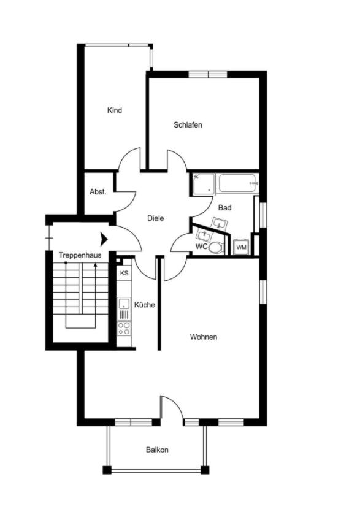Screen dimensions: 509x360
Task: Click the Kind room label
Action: click(115, 110)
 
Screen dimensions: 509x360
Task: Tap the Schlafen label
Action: click(188, 124)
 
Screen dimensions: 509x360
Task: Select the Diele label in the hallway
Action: click(155, 218)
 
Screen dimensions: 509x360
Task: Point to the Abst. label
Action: click(98, 191)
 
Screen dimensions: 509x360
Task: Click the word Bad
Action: click(224, 208)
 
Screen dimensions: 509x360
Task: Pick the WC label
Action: click(201, 247)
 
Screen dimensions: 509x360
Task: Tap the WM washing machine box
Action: click(241, 247)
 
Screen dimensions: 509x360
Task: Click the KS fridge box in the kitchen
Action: click(124, 274)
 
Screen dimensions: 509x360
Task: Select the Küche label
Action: click(145, 305)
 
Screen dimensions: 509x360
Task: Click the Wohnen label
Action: click(204, 337)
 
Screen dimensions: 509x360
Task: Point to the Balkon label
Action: click(157, 450)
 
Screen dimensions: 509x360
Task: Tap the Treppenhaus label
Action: click(80, 255)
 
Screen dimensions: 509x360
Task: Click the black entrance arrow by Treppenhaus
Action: click(104, 238)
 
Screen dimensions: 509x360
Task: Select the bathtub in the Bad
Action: click(237, 183)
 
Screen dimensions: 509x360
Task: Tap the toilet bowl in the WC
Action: click(215, 248)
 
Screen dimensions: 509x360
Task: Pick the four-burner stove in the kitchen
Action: click(124, 328)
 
